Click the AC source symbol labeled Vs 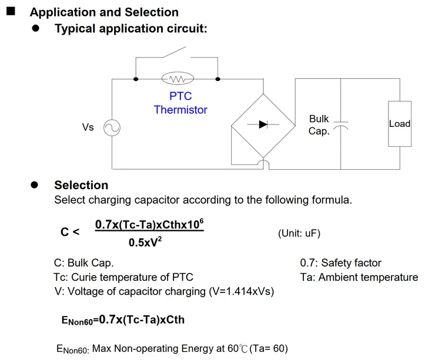coord(112,127)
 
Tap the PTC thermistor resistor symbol coord(178,79)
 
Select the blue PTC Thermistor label coord(180,103)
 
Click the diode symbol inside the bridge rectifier coord(263,124)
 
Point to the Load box coord(400,124)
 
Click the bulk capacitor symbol coord(341,126)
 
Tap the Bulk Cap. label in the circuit coord(319,125)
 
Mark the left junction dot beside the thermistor coord(136,79)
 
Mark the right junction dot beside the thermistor coord(217,79)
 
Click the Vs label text coord(88,127)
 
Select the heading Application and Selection coord(104,12)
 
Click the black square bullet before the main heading coord(11,11)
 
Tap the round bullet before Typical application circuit coord(36,28)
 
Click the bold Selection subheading coord(81,185)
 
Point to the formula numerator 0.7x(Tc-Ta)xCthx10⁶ coord(149,224)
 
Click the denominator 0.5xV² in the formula coord(146,241)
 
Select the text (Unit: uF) coord(299,233)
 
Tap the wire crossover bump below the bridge coord(264,164)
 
